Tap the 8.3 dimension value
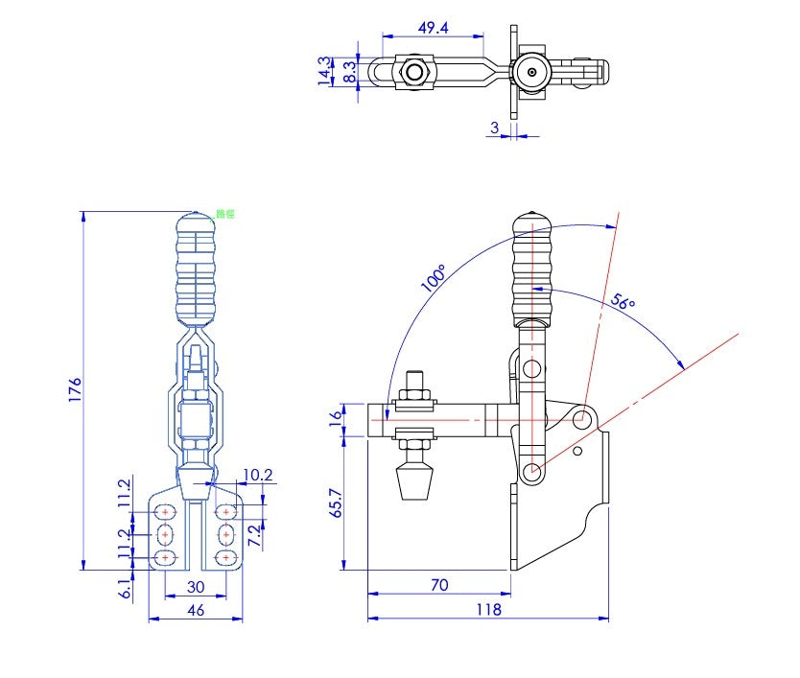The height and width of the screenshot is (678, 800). pyautogui.click(x=349, y=72)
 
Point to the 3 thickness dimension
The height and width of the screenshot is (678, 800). pyautogui.click(x=495, y=127)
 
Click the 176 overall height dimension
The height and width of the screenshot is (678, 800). pyautogui.click(x=75, y=389)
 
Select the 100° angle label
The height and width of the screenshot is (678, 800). pyautogui.click(x=433, y=278)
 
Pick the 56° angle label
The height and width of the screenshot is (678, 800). pyautogui.click(x=624, y=303)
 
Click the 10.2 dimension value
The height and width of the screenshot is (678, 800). pyautogui.click(x=258, y=475)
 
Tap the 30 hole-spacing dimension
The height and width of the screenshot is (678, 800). pyautogui.click(x=195, y=586)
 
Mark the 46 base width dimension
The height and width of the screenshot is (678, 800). pyautogui.click(x=195, y=609)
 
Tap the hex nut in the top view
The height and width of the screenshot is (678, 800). pyautogui.click(x=413, y=72)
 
